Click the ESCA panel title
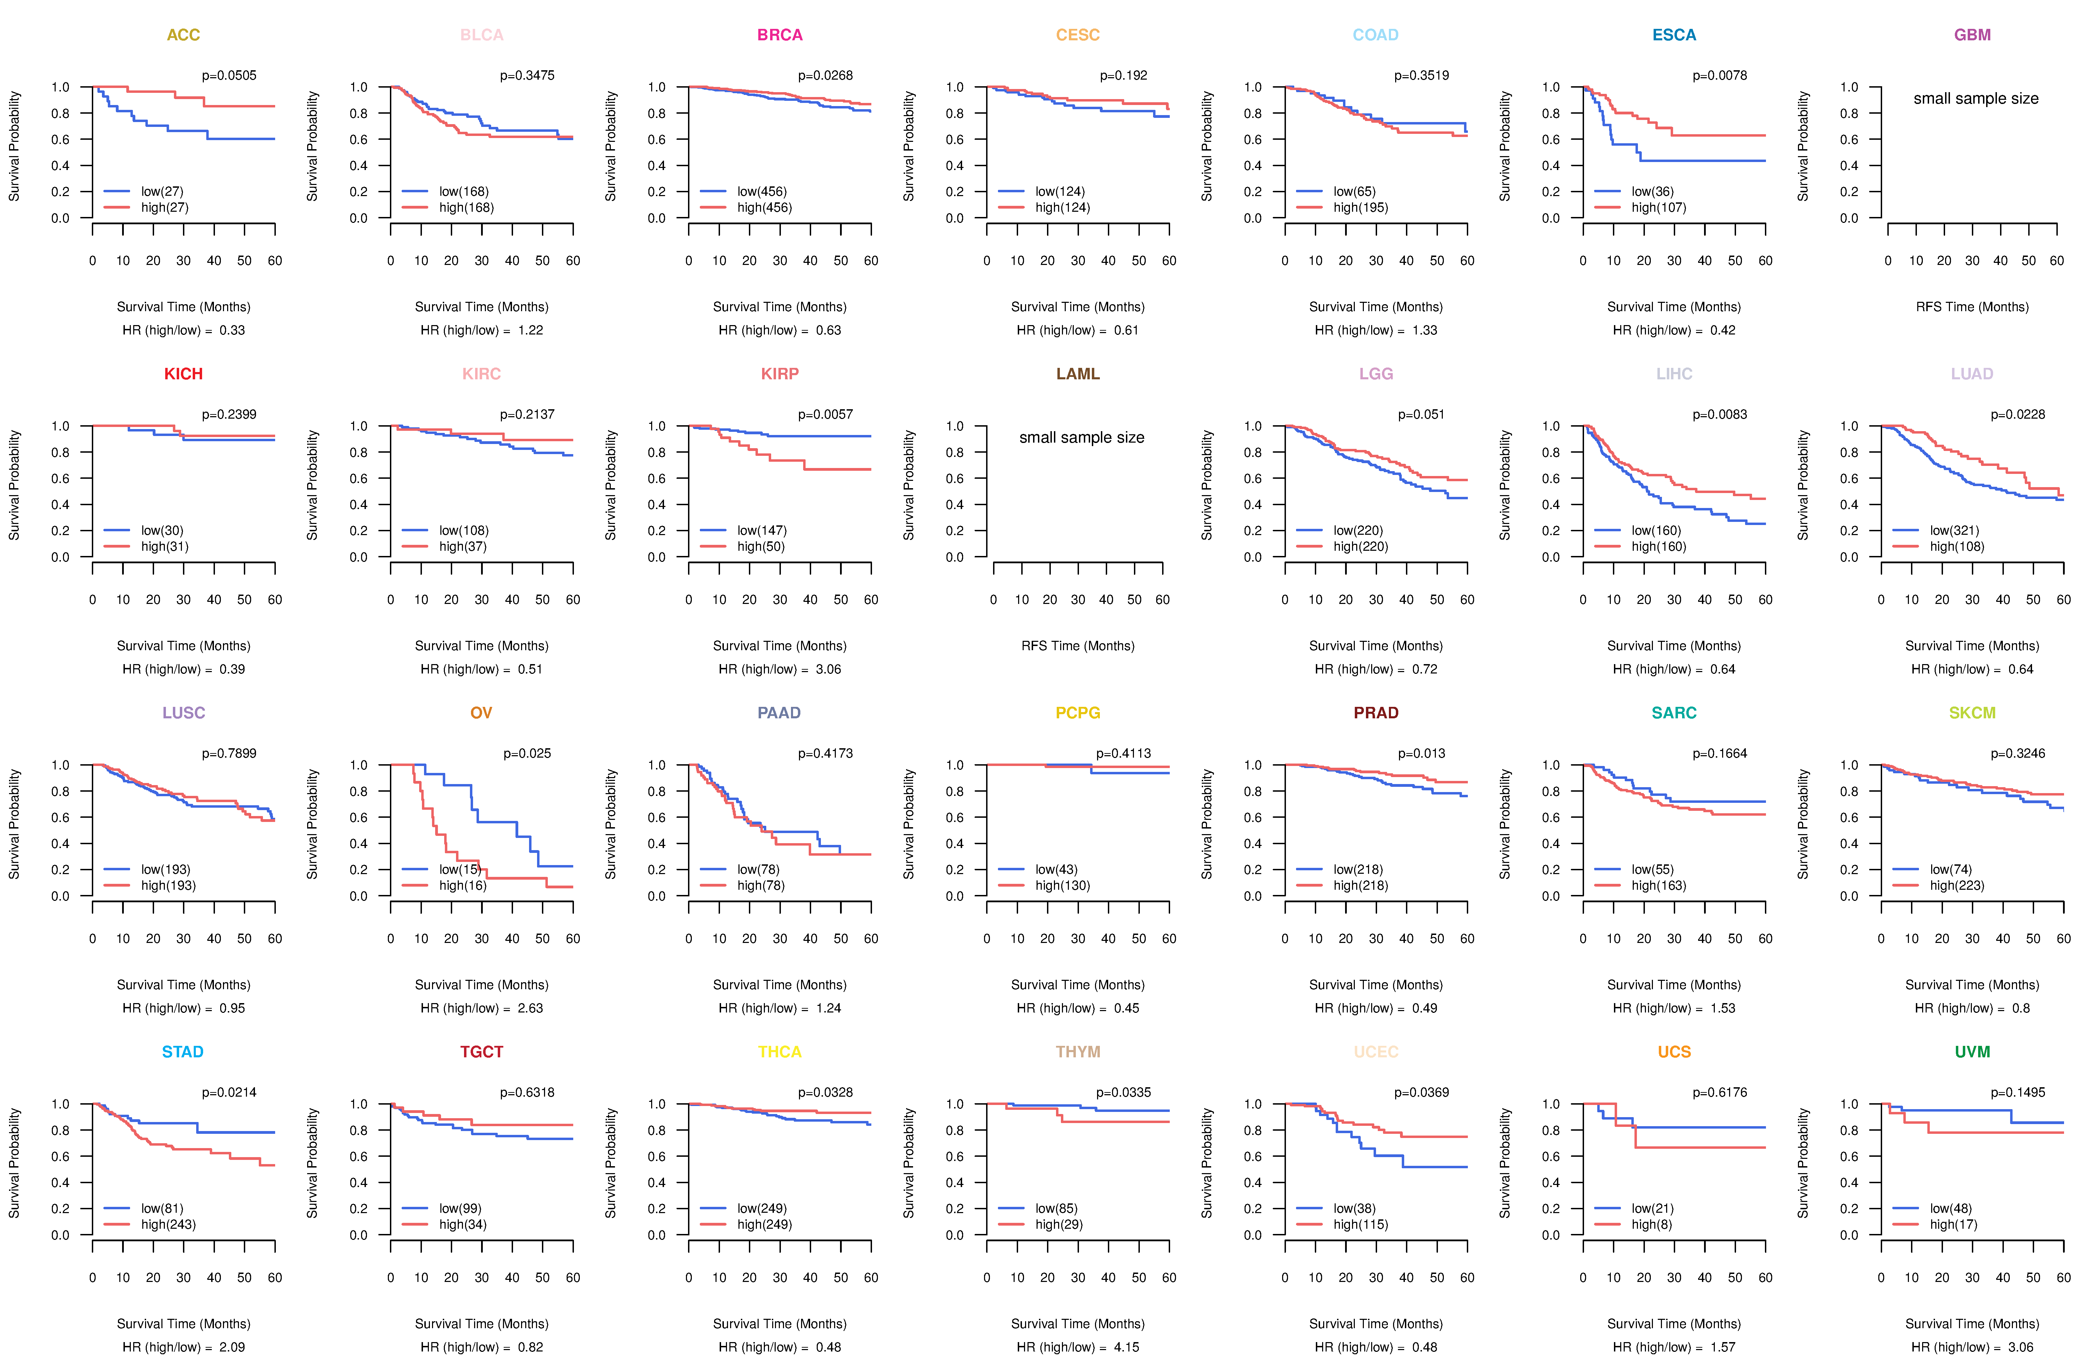pos(1674,35)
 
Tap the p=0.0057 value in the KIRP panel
pos(825,414)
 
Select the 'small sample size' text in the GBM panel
pos(1976,98)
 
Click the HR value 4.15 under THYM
pos(1127,1347)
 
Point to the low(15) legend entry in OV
pos(459,870)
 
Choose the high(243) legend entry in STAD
pos(168,1225)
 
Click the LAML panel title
pos(1078,374)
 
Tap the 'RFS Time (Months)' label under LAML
pos(1078,646)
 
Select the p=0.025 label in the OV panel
pos(527,754)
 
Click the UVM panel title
pos(1972,1052)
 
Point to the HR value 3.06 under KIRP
pos(829,670)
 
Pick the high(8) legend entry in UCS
pos(1651,1225)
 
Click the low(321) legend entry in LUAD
pos(1954,530)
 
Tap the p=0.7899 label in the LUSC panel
pos(229,754)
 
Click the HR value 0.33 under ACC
pos(232,330)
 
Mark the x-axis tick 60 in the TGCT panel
pos(573,1278)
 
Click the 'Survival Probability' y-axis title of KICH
pos(14,485)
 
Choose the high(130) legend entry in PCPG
pos(1063,885)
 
